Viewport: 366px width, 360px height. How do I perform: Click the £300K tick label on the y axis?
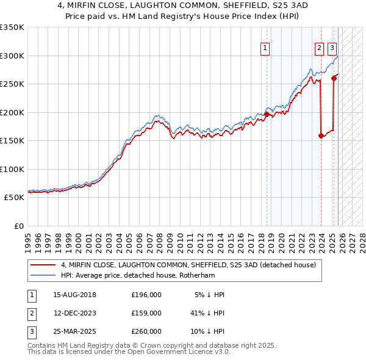(x=12, y=56)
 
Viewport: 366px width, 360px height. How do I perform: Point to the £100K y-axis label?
(x=12, y=169)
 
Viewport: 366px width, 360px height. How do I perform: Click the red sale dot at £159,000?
(x=321, y=135)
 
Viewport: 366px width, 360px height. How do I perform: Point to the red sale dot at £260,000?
(x=334, y=78)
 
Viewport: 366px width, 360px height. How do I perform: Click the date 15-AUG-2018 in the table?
(x=74, y=295)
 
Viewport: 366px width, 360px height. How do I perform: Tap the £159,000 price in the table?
(x=146, y=313)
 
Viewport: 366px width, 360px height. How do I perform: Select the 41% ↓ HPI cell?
(x=207, y=313)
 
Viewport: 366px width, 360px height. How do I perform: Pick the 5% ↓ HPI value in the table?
(x=210, y=295)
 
